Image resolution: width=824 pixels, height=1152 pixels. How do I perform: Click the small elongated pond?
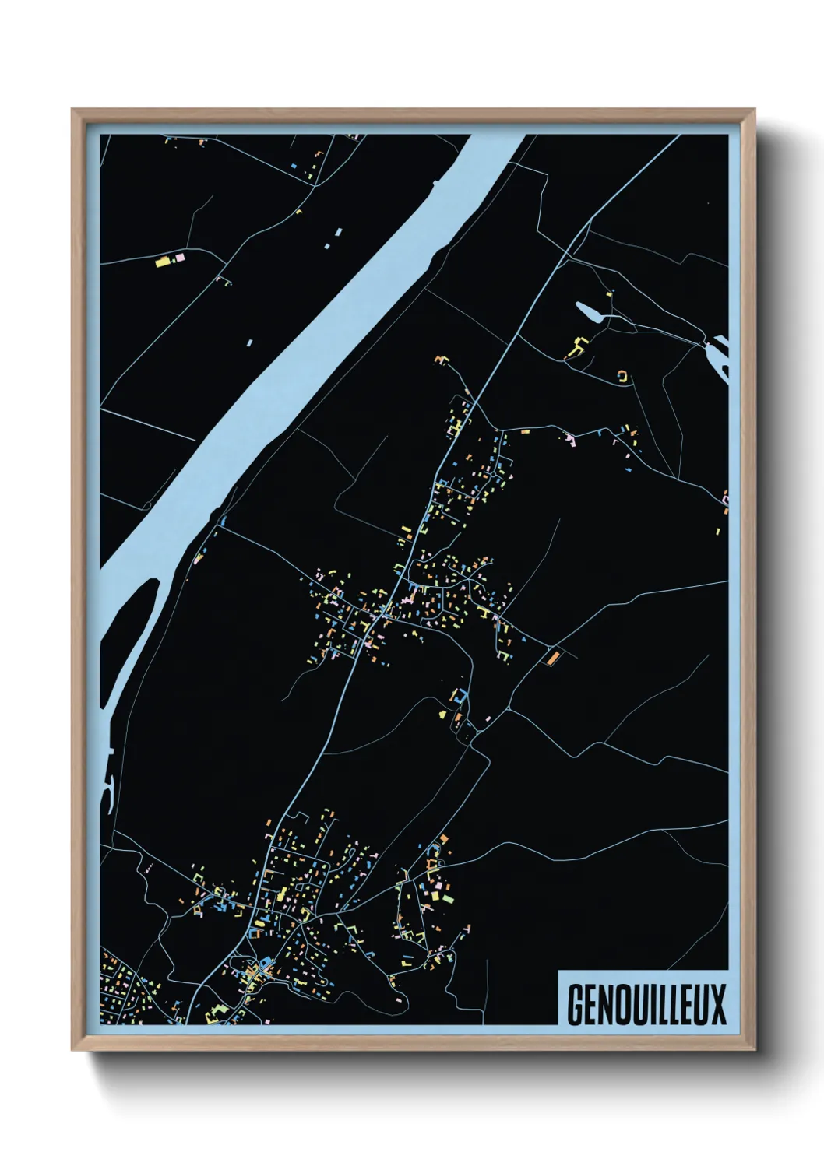[x=590, y=311]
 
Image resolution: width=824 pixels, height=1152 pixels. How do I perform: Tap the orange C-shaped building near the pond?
[x=622, y=376]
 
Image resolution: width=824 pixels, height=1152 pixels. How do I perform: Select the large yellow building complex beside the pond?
[x=577, y=347]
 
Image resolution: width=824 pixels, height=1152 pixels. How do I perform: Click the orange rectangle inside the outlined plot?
[x=553, y=658]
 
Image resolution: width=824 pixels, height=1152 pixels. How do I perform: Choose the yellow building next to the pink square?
[x=164, y=261]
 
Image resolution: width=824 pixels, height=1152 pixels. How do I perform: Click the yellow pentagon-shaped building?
[x=442, y=711]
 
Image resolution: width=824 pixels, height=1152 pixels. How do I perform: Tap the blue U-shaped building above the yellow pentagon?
[x=461, y=694]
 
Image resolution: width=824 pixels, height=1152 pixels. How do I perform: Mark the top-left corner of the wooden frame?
[x=73, y=111]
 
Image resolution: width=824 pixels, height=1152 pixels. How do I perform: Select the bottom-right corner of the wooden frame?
[x=753, y=1048]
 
